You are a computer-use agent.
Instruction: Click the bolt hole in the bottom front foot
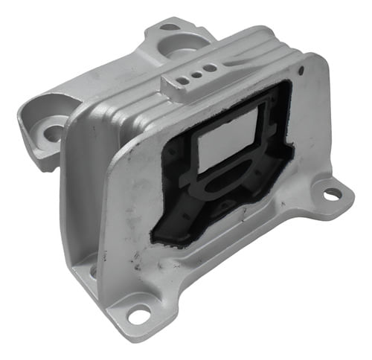tap(138, 315)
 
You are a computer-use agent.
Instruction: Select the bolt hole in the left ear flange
tap(53, 133)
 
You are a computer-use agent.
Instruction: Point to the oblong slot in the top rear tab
tap(170, 28)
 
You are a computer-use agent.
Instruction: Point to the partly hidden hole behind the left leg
tap(93, 271)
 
